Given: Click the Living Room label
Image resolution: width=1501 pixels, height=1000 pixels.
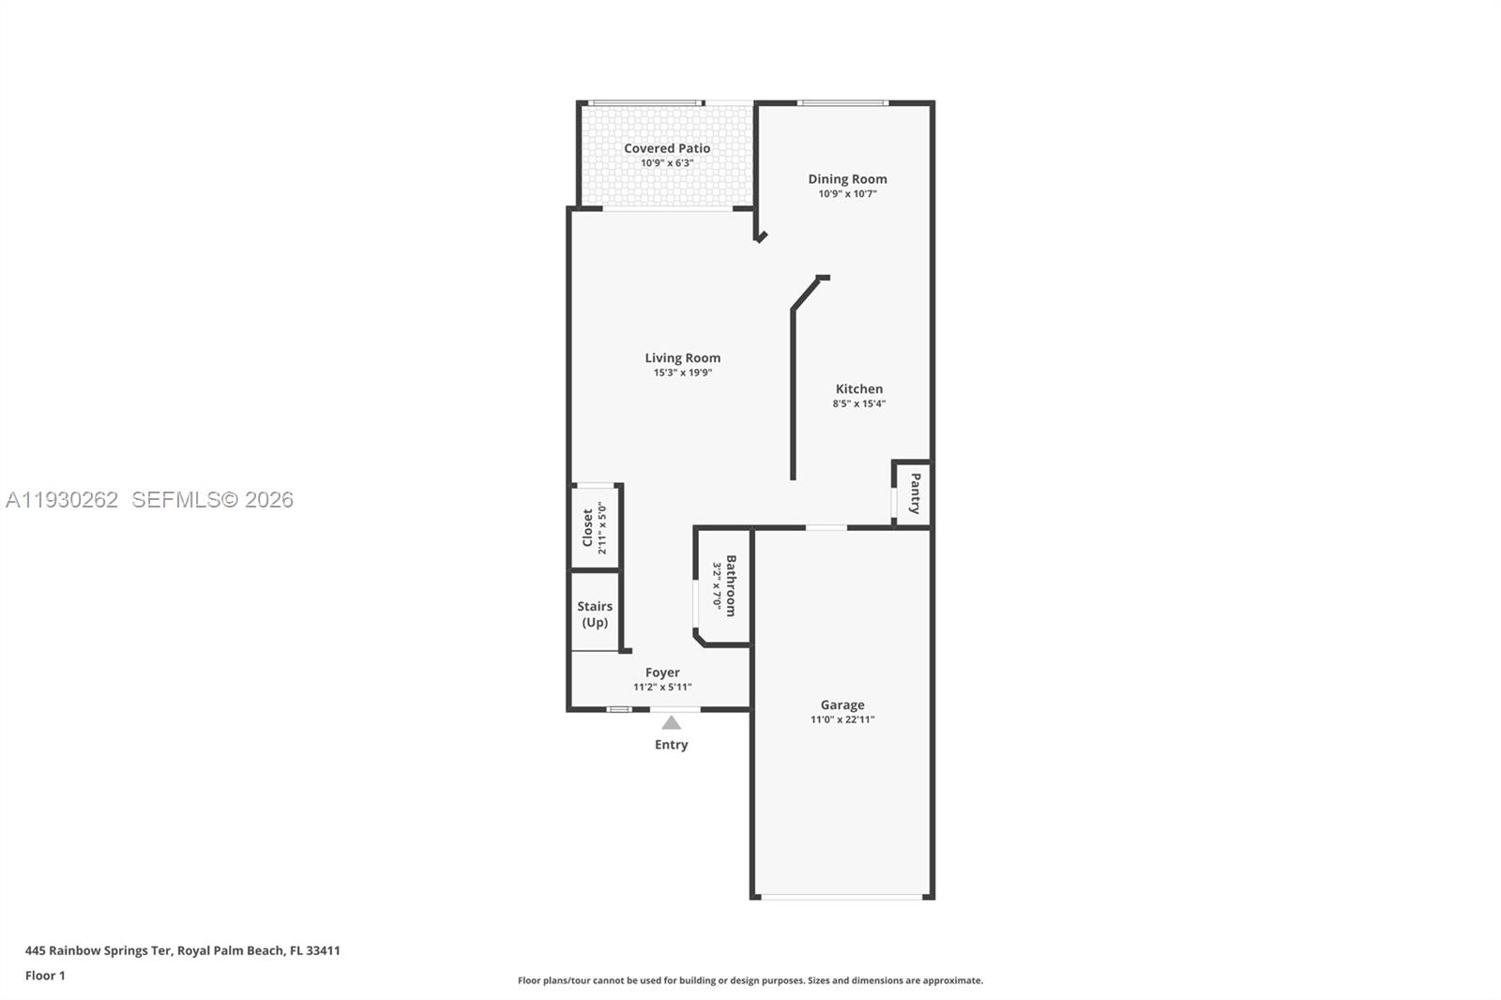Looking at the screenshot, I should [682, 357].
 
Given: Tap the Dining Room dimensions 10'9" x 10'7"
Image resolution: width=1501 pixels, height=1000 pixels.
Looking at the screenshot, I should [847, 194].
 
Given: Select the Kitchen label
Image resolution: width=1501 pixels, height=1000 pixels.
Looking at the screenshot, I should [858, 388].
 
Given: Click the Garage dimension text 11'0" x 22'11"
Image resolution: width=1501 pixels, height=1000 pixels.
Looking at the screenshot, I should [841, 720].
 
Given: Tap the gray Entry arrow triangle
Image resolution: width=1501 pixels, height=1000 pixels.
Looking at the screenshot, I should [671, 722].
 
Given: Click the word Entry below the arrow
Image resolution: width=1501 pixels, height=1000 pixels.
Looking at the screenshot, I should [671, 745].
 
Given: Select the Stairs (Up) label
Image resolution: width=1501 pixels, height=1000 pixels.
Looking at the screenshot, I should [594, 614].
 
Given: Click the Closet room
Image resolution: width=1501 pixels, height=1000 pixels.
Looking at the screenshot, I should [595, 527].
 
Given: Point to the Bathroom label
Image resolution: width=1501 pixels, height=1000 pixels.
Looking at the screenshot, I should [731, 585].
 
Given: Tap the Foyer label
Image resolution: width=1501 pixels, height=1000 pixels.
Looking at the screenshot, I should [662, 672].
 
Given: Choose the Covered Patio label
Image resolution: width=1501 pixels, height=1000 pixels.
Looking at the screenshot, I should [667, 148].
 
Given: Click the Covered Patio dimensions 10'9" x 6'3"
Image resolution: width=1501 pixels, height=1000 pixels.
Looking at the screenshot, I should [667, 163].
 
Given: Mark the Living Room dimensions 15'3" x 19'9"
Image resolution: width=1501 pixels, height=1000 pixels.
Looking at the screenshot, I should [682, 372].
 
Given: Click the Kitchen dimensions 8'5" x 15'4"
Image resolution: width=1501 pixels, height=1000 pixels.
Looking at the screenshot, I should [858, 404].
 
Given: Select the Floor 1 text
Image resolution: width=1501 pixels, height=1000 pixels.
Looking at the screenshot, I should [45, 976].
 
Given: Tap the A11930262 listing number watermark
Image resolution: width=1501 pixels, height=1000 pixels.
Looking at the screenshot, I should [62, 500].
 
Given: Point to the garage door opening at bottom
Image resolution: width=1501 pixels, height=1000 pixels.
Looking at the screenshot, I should [841, 897].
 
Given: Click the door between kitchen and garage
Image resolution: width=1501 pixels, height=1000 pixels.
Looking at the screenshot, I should [826, 528].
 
